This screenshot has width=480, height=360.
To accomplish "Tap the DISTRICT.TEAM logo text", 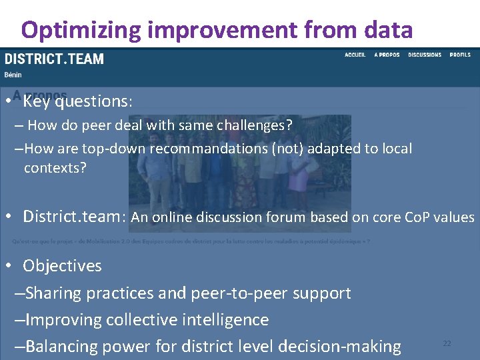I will (x=55, y=59).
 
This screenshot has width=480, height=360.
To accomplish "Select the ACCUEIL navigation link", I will (x=355, y=55).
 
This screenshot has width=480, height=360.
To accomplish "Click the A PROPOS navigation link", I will (x=387, y=55).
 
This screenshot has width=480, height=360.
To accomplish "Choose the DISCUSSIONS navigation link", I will (x=425, y=55).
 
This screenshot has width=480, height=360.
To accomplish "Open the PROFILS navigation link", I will (x=460, y=55).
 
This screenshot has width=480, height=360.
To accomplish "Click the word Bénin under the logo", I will (x=13, y=75).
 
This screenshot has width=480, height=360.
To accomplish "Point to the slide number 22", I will (x=447, y=343).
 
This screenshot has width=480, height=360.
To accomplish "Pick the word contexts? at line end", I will (x=55, y=167).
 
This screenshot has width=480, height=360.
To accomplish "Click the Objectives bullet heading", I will (x=62, y=266).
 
